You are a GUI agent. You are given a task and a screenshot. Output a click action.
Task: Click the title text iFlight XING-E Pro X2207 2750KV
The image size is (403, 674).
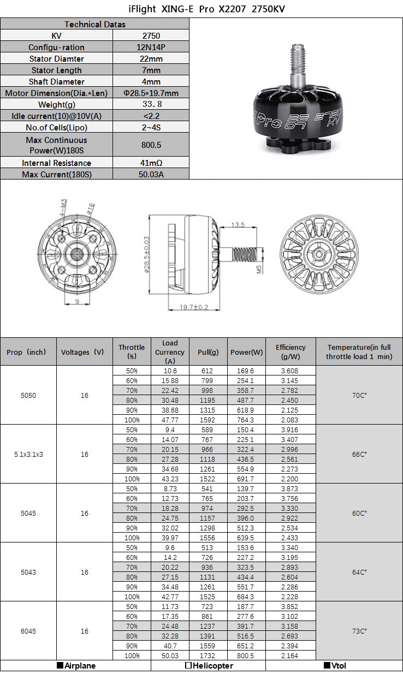coord(201,9)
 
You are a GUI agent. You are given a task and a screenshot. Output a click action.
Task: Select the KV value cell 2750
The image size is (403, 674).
coord(151,35)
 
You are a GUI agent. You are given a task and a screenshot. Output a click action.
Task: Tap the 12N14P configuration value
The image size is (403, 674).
coord(151,47)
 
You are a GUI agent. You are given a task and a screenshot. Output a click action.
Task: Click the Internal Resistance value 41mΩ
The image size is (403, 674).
coord(151,163)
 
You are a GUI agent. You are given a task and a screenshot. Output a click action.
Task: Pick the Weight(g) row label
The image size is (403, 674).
coord(57,105)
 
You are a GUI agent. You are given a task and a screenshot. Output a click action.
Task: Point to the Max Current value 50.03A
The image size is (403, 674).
coord(151,175)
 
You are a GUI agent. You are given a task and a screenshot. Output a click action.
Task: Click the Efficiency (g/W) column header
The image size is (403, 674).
coord(290,352)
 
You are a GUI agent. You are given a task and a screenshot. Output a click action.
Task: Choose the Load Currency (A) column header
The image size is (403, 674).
coord(170,352)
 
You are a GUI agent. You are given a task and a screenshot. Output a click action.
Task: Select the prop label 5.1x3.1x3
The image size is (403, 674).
coord(28,454)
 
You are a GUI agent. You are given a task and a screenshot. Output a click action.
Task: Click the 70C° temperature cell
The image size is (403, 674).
coord(359,395)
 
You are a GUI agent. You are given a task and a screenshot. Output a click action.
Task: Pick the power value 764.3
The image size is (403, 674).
coord(246,420)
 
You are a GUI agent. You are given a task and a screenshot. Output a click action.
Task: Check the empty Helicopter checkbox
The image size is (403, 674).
coord(188,666)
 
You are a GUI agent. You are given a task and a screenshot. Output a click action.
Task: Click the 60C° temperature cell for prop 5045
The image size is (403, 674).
coord(359,513)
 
